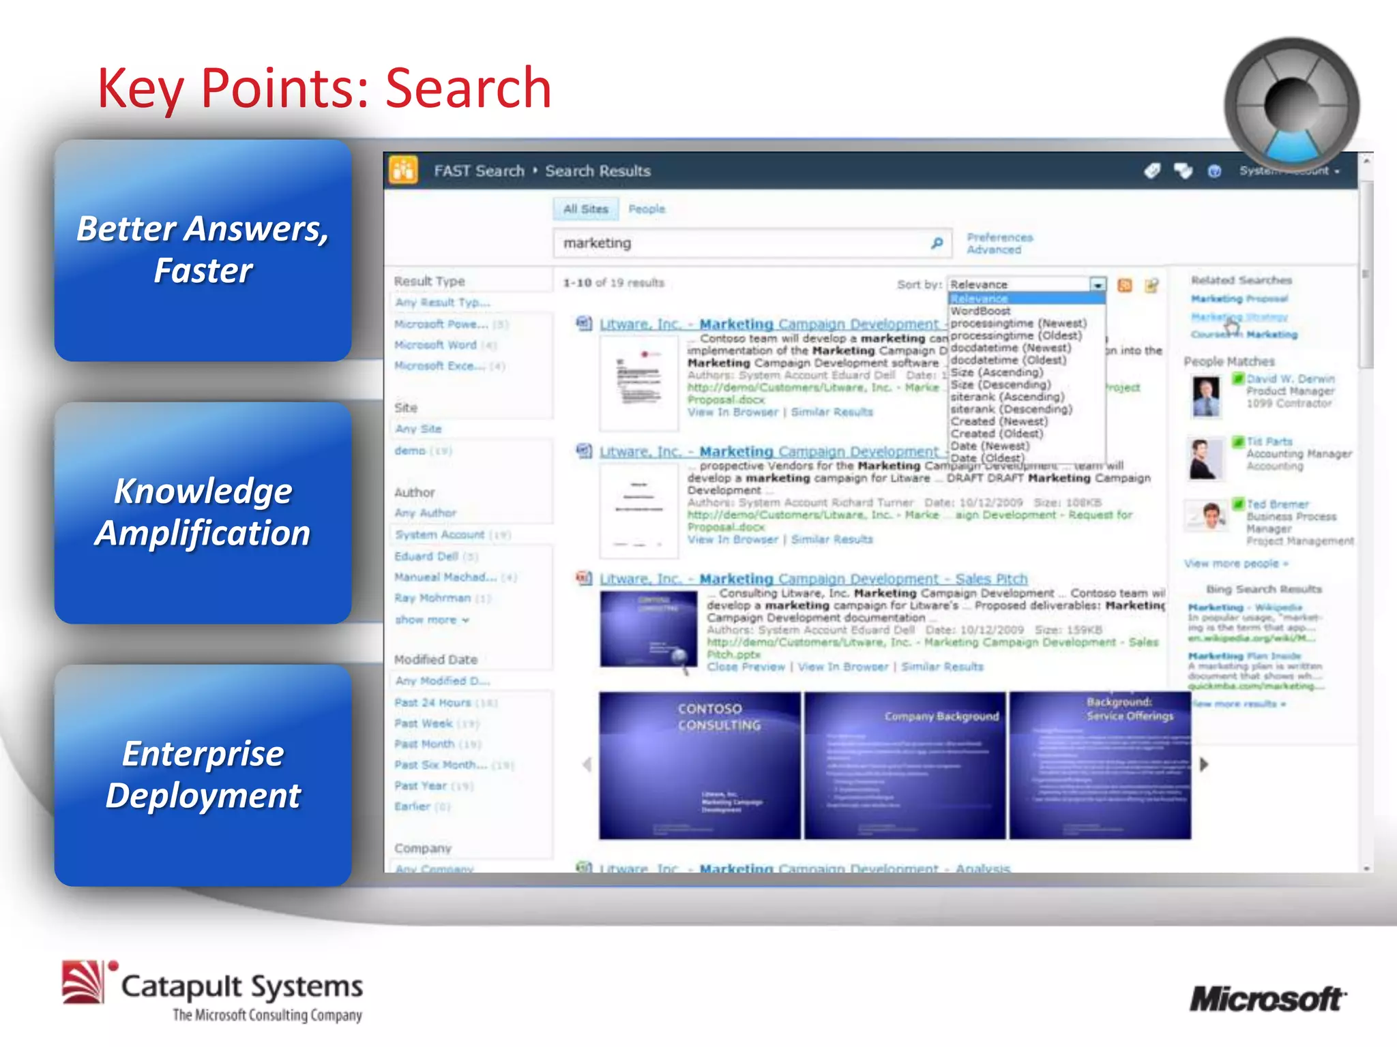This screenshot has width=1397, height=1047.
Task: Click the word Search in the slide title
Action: (x=468, y=88)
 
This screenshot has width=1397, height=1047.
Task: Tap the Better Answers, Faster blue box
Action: (x=203, y=250)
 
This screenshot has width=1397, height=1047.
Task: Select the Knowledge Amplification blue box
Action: (x=203, y=513)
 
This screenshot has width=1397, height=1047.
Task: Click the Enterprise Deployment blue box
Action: (x=203, y=775)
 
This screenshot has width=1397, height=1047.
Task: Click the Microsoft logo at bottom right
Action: (x=1267, y=999)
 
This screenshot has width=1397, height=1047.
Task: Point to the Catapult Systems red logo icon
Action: (x=84, y=982)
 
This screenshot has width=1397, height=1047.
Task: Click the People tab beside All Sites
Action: (x=646, y=209)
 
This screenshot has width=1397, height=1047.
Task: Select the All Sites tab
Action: (x=585, y=209)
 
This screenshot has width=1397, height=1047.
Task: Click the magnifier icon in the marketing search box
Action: (x=937, y=243)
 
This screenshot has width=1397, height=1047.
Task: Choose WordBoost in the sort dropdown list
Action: (x=980, y=311)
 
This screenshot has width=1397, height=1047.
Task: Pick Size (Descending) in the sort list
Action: (x=1001, y=384)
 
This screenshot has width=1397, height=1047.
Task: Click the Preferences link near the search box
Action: (x=999, y=237)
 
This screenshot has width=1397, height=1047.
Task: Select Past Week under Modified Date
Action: (x=424, y=723)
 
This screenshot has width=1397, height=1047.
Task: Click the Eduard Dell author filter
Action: (x=426, y=556)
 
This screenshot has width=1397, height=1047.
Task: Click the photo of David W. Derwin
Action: (x=1206, y=396)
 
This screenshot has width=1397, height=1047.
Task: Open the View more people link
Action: (x=1235, y=564)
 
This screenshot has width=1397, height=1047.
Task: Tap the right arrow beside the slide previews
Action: (x=1204, y=764)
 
